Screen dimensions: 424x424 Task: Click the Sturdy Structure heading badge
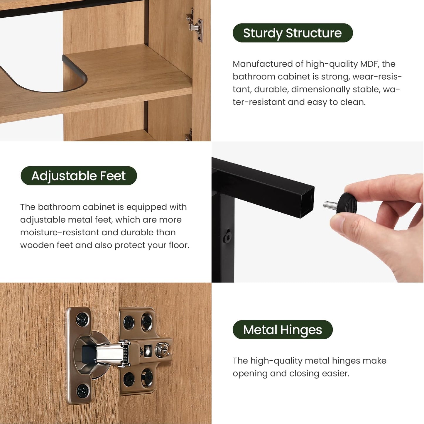292,33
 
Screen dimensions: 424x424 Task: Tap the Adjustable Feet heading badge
79,176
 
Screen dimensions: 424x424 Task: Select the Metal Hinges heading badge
282,330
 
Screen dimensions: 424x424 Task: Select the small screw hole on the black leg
227,237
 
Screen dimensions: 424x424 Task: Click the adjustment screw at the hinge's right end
162,350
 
